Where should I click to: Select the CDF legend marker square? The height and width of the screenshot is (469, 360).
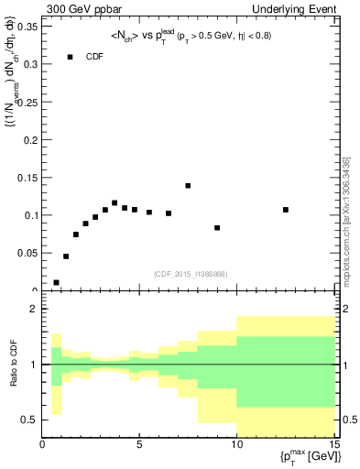click(70, 57)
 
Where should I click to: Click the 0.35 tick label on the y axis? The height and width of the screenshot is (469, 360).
click(27, 27)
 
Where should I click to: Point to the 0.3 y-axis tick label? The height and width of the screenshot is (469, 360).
click(30, 64)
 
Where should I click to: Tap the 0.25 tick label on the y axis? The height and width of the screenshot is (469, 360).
click(27, 102)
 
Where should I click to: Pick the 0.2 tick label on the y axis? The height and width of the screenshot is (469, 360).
click(30, 140)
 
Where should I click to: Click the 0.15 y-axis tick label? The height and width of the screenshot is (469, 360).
click(27, 178)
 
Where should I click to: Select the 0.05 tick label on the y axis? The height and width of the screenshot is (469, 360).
click(27, 254)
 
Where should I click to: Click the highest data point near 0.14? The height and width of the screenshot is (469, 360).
click(188, 186)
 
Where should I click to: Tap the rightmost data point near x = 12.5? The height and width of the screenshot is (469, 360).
click(286, 210)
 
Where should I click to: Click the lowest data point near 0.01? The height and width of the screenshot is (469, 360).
click(57, 283)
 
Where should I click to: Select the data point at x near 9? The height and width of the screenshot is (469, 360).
click(217, 227)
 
